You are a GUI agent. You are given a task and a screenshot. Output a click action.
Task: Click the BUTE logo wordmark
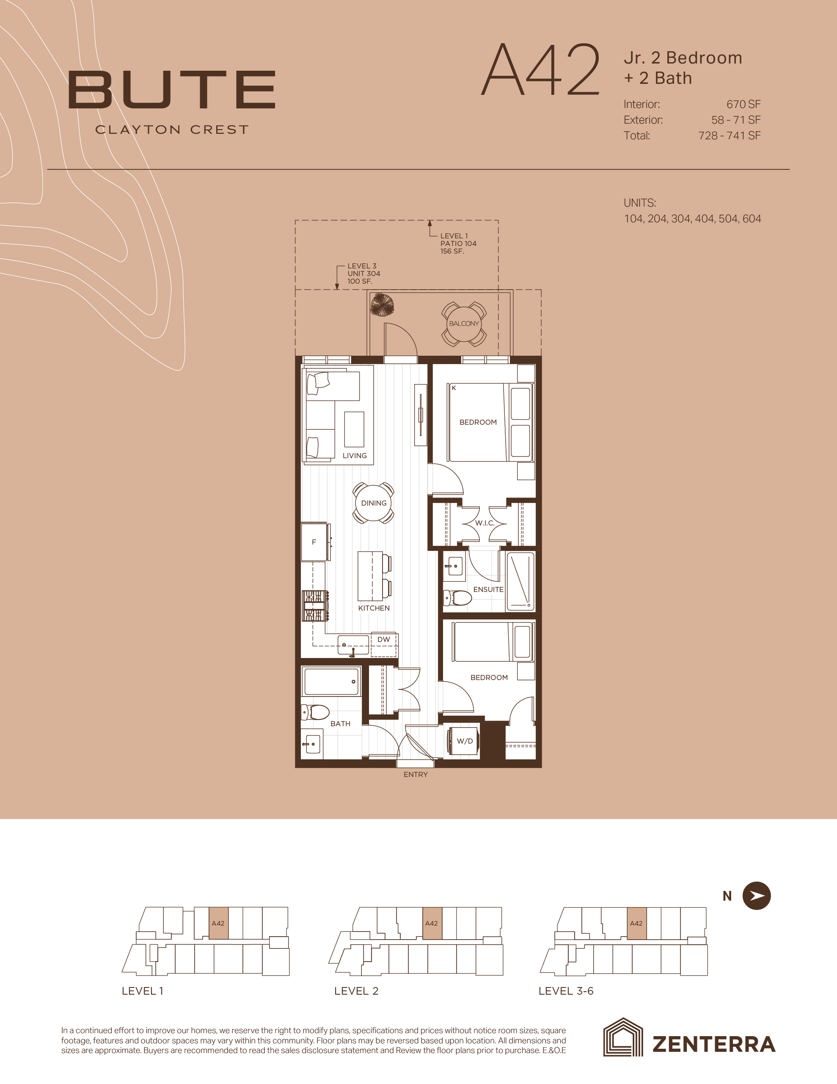point(172,89)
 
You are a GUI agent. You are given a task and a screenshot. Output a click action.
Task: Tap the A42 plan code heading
point(541,70)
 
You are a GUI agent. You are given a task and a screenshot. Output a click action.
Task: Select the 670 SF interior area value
point(743,104)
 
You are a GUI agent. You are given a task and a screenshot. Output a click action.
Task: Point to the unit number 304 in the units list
point(681,219)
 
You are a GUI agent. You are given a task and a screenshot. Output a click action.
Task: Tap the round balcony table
point(464,324)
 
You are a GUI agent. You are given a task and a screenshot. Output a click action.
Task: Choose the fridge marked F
point(314,542)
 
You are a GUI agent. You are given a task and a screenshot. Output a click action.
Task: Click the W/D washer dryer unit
point(464,741)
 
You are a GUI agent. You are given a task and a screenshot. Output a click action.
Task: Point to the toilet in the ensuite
point(457,598)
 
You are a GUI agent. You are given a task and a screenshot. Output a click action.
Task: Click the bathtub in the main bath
point(331,681)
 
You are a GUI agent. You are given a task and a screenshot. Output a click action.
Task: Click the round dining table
point(374,503)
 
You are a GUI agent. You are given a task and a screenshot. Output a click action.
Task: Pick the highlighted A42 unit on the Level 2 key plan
point(432,923)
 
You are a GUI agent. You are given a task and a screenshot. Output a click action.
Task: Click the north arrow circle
point(756,896)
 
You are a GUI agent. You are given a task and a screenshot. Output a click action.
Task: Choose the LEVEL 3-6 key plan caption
point(566,991)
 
